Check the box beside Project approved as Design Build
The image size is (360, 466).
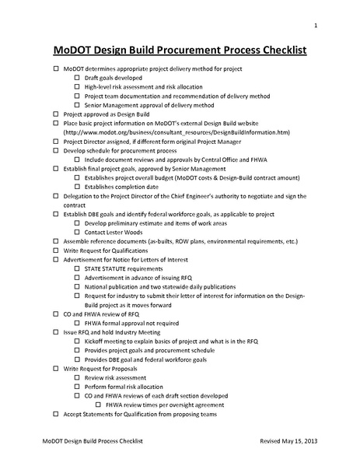pos(55,114)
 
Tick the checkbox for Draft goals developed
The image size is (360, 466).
pos(76,79)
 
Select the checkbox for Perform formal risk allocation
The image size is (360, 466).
pos(76,386)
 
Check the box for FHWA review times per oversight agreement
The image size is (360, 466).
pos(98,405)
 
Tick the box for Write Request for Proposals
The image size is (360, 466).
pos(55,366)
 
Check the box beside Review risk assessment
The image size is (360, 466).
pos(76,376)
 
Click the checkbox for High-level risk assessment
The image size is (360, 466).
pos(76,89)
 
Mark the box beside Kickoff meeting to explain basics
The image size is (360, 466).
pos(76,341)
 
